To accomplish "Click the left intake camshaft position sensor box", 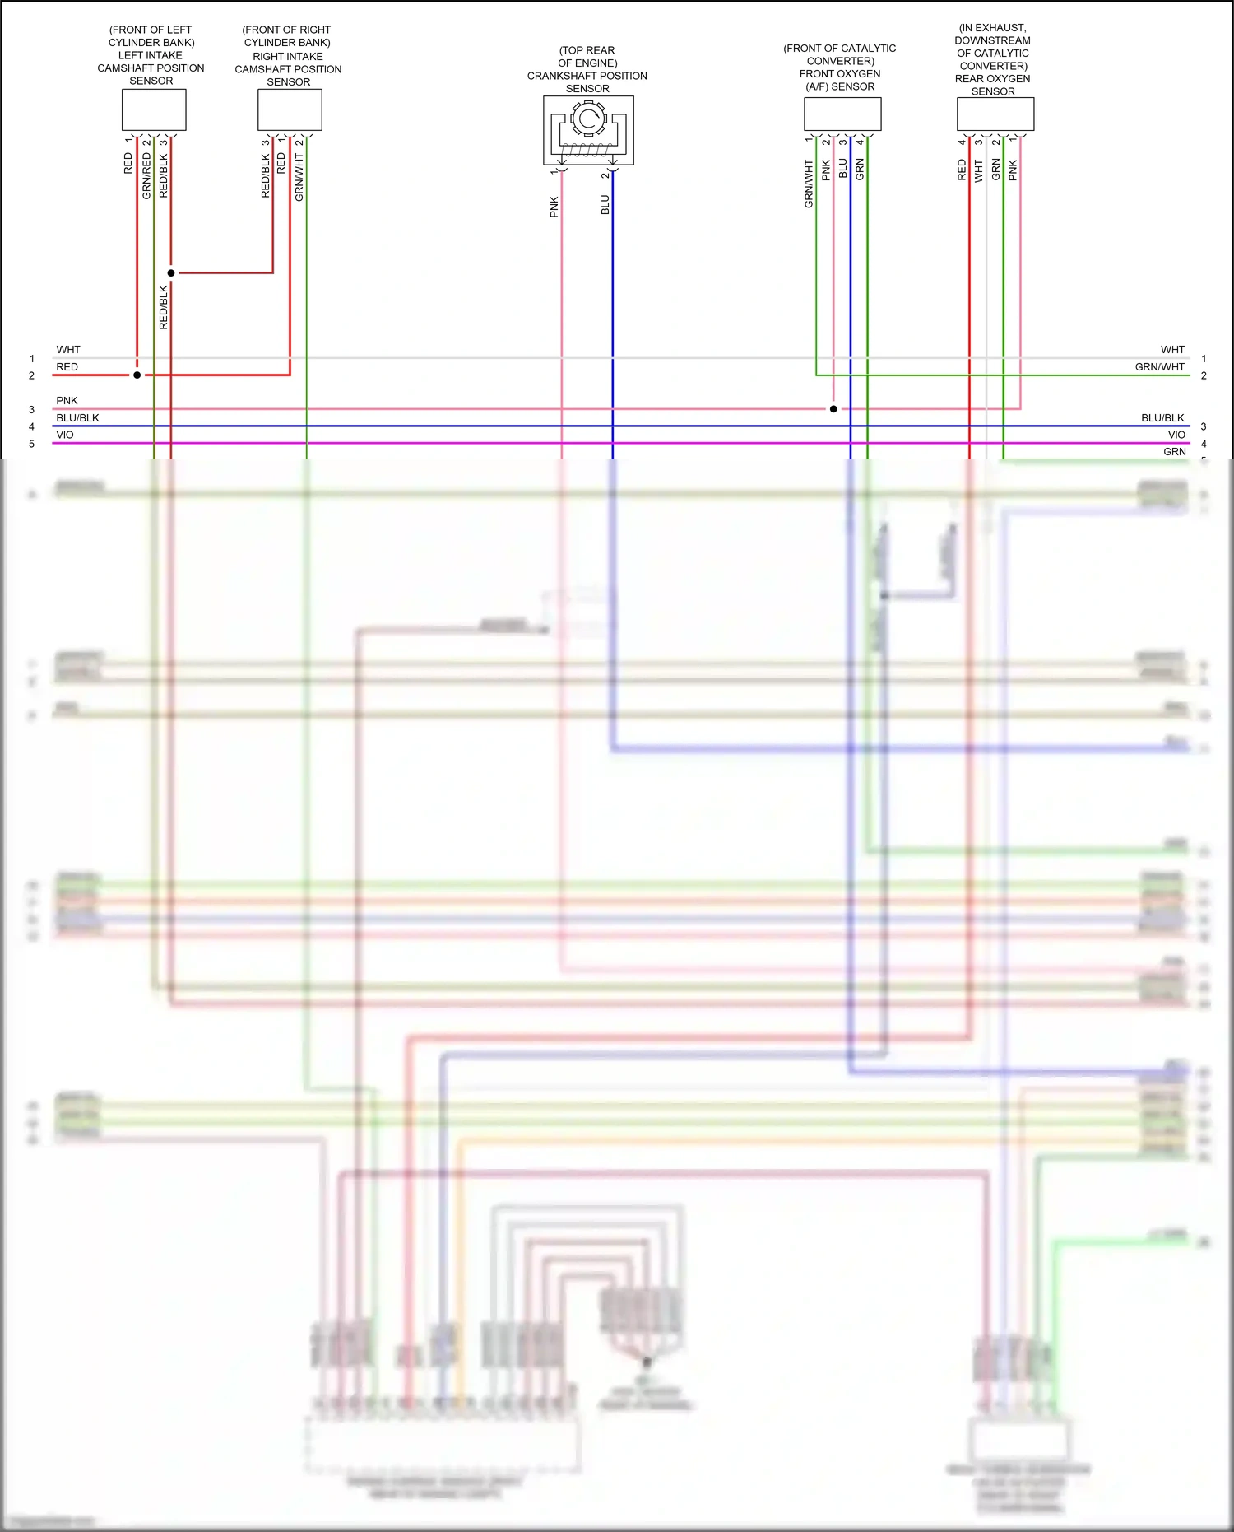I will coord(154,109).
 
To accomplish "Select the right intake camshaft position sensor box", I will coord(290,110).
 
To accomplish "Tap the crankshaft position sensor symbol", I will coord(588,130).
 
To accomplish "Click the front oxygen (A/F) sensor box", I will coord(842,114).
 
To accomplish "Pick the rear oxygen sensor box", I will coord(995,114).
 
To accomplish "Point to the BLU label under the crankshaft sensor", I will coord(605,205).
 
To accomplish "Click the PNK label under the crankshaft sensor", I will coord(554,207).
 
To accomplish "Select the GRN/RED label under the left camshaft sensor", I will coord(146,176).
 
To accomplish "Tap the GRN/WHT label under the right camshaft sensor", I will coord(299,177).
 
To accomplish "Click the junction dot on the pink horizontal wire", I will coord(833,408).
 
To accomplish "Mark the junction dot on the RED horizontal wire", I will coord(137,375).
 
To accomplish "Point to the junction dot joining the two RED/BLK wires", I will coord(171,272).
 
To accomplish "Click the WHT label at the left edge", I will coord(68,350).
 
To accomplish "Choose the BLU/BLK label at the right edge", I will coord(1162,418).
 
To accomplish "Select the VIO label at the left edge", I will coord(65,435).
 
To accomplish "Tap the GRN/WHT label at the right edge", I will coord(1160,367).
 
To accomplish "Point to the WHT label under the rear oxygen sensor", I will coord(979,171).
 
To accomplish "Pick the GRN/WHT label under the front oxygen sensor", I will coord(809,184).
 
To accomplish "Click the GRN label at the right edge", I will coord(1175,452).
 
